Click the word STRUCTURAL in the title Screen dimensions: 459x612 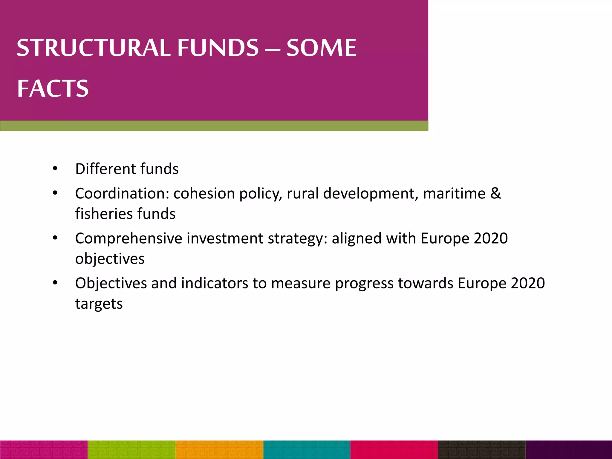93,48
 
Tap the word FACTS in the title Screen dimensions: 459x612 53,88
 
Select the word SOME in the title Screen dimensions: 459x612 321,48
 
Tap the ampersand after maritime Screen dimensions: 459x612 495,193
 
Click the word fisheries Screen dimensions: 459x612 103,214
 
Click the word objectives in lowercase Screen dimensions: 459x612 110,259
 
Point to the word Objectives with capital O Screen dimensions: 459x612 111,283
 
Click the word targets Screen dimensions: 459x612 99,304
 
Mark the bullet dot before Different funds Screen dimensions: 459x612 55,169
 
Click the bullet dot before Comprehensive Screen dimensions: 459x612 55,238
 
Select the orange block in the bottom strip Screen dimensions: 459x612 220,449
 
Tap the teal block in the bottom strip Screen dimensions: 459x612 307,449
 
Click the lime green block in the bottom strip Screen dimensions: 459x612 132,449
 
